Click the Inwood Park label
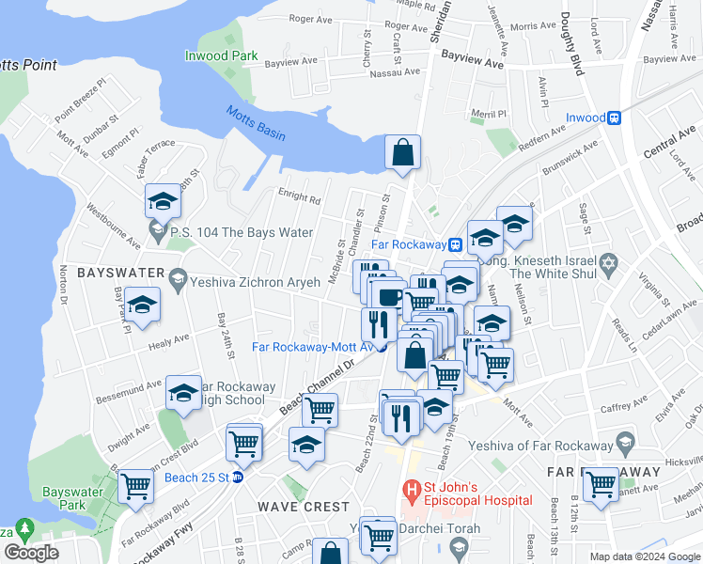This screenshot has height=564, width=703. (222, 56)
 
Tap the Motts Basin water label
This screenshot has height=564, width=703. (255, 123)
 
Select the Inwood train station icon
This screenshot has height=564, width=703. (615, 118)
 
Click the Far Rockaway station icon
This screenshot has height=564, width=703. (455, 244)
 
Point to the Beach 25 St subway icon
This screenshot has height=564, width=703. (238, 478)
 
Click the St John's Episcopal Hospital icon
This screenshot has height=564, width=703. (411, 490)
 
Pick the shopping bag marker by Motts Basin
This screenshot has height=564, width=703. (402, 152)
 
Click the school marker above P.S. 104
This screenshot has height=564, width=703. (163, 200)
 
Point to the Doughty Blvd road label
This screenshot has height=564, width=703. (570, 40)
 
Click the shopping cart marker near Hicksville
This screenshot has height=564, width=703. (600, 484)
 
